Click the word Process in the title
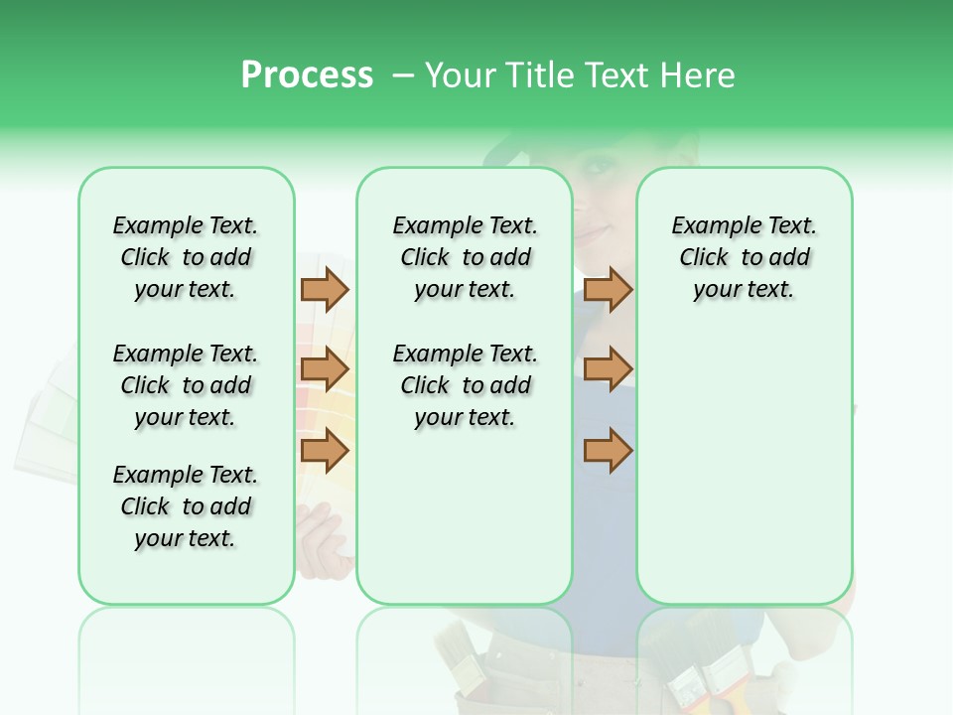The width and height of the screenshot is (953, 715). [307, 75]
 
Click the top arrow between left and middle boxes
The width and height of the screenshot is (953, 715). [325, 289]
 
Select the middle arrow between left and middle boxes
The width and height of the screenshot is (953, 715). [325, 370]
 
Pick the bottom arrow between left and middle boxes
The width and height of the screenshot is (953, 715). [325, 451]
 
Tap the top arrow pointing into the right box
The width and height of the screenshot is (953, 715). [608, 289]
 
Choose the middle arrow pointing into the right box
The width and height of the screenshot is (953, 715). [608, 370]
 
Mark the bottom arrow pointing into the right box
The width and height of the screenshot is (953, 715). [608, 451]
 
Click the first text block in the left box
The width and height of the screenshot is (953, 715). [186, 257]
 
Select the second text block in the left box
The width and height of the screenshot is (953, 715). [186, 385]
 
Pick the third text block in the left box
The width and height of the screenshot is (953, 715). [186, 506]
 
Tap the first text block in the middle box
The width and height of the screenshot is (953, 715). [465, 257]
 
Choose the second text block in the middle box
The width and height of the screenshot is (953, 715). [465, 385]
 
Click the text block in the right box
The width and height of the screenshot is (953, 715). [744, 257]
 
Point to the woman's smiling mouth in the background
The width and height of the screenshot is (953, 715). [592, 230]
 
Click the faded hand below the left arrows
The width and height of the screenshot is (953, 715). [324, 536]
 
